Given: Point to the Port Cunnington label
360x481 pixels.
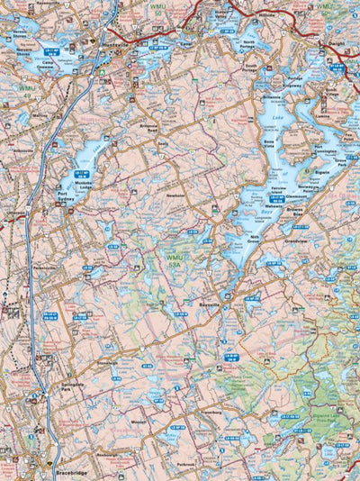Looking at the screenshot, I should coord(328,150).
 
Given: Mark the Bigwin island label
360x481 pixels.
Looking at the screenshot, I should coord(321,168).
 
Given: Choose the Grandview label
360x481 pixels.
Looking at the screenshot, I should coord(296,240).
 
